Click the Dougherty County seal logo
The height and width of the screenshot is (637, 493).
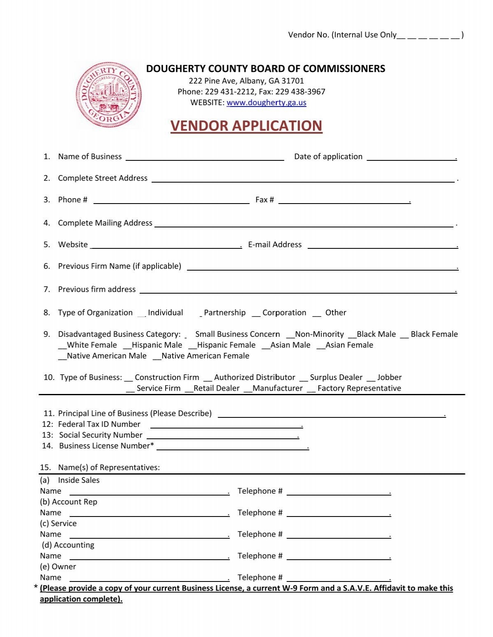point(109,95)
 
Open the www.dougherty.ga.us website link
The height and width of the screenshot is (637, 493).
point(266,102)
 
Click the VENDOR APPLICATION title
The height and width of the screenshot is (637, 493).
point(246,126)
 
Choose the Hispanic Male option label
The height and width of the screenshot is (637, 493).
point(157,345)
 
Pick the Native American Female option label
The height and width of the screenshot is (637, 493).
point(205,356)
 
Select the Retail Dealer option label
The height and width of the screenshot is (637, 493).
point(217,388)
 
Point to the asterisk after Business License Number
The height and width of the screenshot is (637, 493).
point(152,445)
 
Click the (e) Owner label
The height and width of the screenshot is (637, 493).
point(58,567)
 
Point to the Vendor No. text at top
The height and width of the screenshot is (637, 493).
point(308,35)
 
